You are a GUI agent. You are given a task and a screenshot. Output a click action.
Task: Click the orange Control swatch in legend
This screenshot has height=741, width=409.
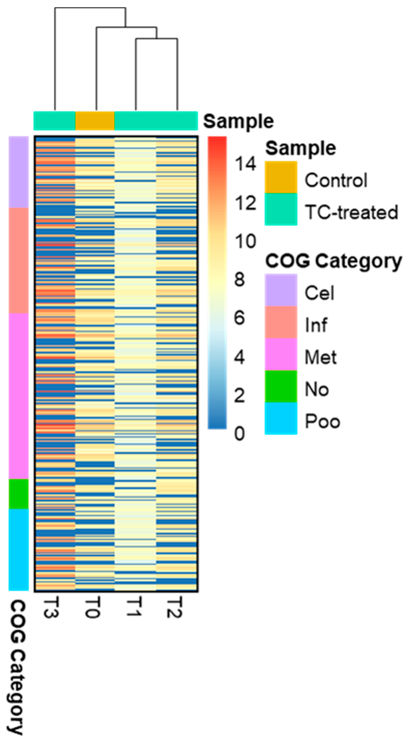(281, 177)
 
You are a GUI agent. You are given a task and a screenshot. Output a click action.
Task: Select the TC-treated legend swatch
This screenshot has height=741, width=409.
(281, 209)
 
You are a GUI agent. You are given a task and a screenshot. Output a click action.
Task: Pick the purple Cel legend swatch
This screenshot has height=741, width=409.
(281, 290)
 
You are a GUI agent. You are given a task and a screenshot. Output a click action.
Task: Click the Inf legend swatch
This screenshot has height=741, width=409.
(281, 322)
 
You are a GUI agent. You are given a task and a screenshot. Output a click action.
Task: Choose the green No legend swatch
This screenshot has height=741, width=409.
(281, 386)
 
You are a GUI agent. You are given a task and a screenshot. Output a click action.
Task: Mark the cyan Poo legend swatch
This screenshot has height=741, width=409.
(281, 418)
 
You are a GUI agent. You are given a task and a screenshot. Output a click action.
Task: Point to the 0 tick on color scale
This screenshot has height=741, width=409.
(240, 434)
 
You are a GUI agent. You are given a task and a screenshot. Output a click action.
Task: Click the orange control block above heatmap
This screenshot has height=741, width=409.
(95, 121)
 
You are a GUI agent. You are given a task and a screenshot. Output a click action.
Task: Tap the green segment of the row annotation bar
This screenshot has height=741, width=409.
(19, 494)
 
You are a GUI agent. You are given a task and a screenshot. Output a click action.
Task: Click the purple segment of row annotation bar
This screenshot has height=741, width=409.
(19, 172)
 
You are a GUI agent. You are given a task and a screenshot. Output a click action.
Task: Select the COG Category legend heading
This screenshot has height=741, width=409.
(333, 261)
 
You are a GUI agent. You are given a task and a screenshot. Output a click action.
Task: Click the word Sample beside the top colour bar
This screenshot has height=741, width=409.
(238, 121)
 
